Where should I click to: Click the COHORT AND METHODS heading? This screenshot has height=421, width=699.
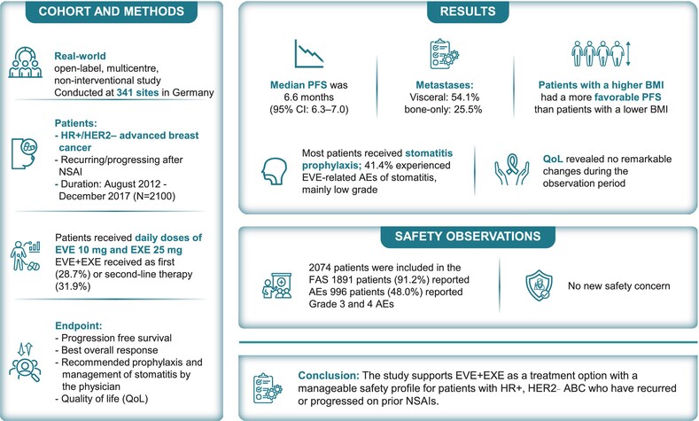(x=111, y=12)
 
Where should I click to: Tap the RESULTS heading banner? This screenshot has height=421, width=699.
(x=468, y=12)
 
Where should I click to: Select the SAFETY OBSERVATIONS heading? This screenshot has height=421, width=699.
(x=468, y=237)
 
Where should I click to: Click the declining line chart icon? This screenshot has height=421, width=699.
(x=308, y=53)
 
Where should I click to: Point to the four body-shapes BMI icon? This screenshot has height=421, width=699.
(x=601, y=53)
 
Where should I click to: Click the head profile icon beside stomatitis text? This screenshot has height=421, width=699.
(x=274, y=171)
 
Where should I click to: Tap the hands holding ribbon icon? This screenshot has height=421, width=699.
(x=512, y=170)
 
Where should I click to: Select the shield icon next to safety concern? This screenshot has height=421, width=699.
(x=539, y=285)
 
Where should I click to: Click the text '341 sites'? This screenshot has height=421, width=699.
(x=137, y=93)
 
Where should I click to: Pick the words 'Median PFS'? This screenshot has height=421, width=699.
(x=299, y=85)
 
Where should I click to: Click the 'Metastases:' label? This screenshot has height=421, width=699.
(x=445, y=85)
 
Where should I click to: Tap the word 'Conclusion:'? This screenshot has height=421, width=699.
(x=329, y=376)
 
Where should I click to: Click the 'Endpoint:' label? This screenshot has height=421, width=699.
(x=79, y=326)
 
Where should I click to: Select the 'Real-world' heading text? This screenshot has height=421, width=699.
(x=81, y=56)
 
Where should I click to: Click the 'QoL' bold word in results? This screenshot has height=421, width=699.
(x=553, y=160)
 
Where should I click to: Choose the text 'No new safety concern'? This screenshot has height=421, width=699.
(x=618, y=286)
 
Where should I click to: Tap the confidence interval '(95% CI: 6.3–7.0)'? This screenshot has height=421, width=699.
(x=309, y=110)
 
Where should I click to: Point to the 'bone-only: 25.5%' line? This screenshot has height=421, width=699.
(x=443, y=110)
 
